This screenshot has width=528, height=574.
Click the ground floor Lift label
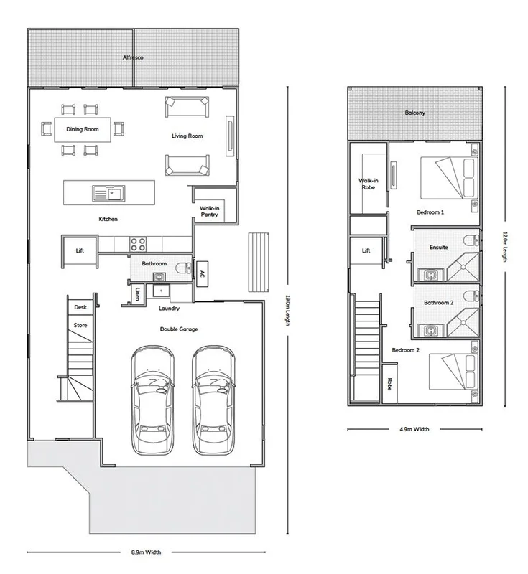pos(80,250)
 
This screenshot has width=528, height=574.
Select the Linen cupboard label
pos(137,293)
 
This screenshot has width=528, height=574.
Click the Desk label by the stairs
pos(80,307)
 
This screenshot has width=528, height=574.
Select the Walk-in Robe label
pos(369,184)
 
